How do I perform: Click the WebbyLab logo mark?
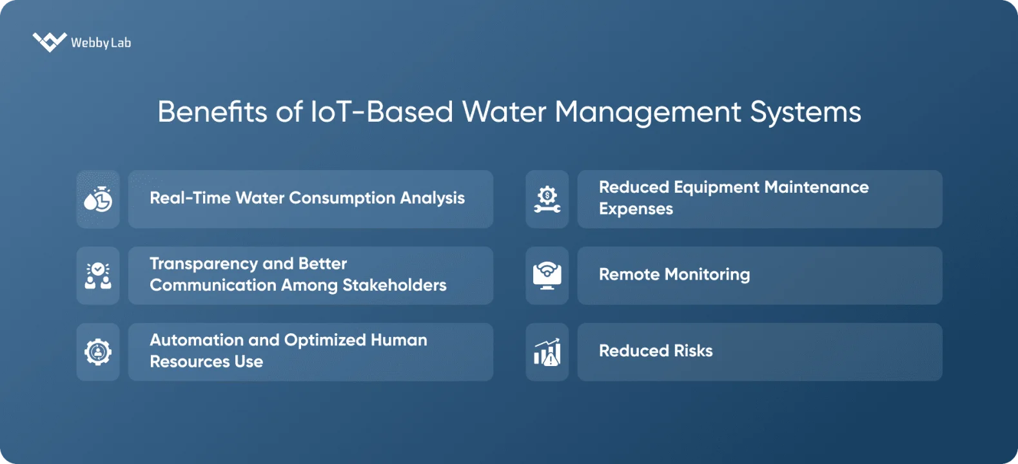(49, 42)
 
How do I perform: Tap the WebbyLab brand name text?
(101, 43)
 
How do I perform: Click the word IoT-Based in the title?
(382, 112)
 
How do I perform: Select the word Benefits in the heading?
(212, 112)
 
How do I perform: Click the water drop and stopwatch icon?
(98, 199)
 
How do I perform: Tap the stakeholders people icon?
(98, 276)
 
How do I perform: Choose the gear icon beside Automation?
(98, 352)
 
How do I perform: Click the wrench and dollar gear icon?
(547, 199)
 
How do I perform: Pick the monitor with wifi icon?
(547, 276)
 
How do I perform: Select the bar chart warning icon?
(547, 352)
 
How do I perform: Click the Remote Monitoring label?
(674, 275)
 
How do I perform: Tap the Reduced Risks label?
(656, 351)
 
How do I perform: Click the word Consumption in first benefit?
(342, 198)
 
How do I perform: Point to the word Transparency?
(204, 264)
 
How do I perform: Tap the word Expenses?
(636, 209)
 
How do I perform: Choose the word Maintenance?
(816, 188)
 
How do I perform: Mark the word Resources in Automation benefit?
(190, 362)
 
